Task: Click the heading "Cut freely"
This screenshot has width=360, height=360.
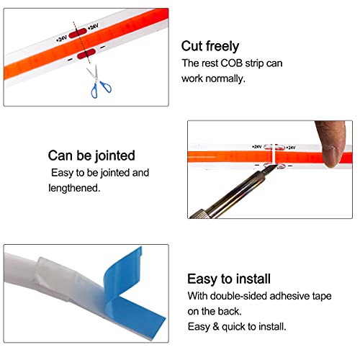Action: click(x=210, y=46)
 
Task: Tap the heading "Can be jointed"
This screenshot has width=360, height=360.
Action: click(x=91, y=156)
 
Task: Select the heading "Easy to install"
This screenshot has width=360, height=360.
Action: click(x=229, y=279)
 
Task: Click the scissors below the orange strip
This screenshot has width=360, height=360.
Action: click(x=99, y=81)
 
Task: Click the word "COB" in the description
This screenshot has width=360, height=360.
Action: click(x=232, y=63)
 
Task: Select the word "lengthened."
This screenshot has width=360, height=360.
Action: click(x=74, y=188)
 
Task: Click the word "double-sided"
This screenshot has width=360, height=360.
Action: click(x=238, y=296)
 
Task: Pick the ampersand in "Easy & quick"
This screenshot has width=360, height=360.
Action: click(x=216, y=327)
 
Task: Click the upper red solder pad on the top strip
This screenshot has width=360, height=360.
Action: click(x=78, y=33)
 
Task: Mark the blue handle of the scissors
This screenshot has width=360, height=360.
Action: click(x=101, y=89)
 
